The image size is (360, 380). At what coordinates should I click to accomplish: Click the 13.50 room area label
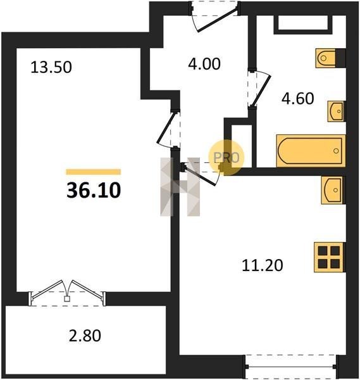coord(51,67)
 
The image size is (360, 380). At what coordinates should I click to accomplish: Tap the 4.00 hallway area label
coord(204,64)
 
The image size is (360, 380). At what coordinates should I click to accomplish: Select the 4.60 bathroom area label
coord(298,98)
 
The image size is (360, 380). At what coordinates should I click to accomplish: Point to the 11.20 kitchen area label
coord(263,265)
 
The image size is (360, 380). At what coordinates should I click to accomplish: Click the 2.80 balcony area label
coord(85,336)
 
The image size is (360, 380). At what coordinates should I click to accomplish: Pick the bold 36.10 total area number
coord(94,190)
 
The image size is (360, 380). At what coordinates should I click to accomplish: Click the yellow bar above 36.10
coord(94,172)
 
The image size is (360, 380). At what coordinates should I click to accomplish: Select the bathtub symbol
coord(311,151)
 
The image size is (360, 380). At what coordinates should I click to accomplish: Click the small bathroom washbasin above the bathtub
coord(337,111)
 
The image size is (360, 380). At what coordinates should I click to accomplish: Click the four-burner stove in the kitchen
coord(329,257)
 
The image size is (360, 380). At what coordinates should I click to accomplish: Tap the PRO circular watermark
coord(227,158)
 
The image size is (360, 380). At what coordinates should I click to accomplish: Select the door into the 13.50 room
coord(166,127)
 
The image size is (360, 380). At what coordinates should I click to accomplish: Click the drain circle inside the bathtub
coord(336,151)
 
